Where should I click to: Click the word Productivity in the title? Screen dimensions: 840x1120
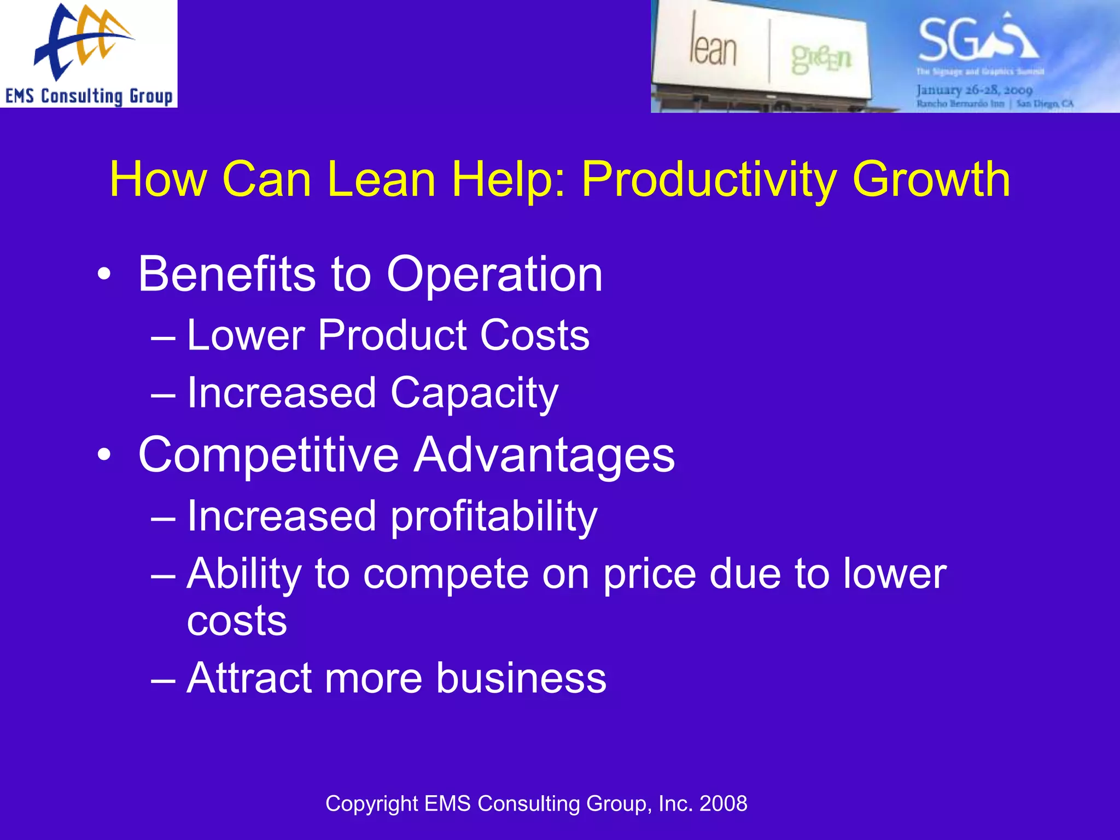(x=708, y=180)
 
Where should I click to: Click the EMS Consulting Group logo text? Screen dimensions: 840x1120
(x=89, y=96)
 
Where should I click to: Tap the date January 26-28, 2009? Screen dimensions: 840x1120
(x=974, y=90)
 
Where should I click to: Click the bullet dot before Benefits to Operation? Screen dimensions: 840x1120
(x=104, y=275)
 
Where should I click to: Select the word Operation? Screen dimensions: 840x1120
(x=494, y=275)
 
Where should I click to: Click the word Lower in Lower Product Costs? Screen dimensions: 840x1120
(x=246, y=335)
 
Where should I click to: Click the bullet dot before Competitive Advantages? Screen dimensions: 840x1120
(x=104, y=456)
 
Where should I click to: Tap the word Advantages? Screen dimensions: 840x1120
(x=544, y=455)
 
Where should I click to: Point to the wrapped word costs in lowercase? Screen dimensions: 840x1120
(x=237, y=621)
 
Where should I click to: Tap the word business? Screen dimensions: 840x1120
(x=521, y=679)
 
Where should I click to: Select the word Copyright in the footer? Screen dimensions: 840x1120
(x=372, y=804)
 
